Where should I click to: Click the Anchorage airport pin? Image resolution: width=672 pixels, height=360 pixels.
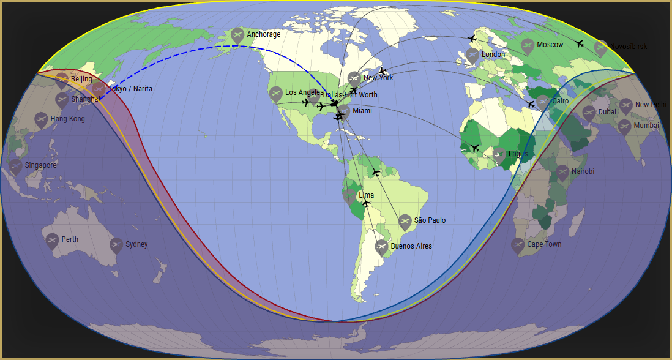[237, 36]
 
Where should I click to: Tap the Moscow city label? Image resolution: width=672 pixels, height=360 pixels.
[550, 45]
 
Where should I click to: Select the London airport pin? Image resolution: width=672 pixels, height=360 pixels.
[472, 55]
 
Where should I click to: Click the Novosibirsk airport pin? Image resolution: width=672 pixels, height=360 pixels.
[601, 48]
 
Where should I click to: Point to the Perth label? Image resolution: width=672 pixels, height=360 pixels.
[70, 239]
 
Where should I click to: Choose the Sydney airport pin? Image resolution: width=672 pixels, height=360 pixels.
[116, 245]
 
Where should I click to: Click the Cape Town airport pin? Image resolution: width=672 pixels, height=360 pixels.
[518, 245]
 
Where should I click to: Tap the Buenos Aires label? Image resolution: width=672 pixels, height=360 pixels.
[411, 246]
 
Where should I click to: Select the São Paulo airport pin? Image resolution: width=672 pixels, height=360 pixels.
[405, 221]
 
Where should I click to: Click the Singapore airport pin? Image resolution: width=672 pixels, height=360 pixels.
[15, 166]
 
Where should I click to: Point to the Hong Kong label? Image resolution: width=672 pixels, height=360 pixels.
[67, 119]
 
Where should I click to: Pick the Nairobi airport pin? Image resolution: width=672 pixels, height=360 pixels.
[562, 172]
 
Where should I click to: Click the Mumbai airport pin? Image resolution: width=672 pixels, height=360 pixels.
[624, 126]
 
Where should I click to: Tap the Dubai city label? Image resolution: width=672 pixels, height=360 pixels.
[607, 112]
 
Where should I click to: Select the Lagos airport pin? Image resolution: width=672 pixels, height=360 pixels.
[499, 154]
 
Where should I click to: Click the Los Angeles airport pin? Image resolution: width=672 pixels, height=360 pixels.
[276, 93]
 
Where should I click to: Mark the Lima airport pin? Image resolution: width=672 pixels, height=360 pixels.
[349, 196]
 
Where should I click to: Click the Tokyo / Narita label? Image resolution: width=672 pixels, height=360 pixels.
[130, 89]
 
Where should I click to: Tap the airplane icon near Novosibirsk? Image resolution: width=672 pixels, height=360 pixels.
[580, 43]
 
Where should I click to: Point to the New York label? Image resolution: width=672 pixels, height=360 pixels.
[378, 78]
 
